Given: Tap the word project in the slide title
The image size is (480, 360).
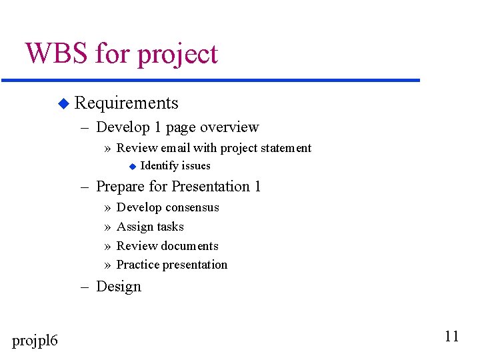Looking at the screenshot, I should coord(177,55).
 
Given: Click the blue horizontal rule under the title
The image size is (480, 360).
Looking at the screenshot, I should coord(211,81).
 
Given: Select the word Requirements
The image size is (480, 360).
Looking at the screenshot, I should coord(127,103).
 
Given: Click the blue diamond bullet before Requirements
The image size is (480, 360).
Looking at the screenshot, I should coord(63,103).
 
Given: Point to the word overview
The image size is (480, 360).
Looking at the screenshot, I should coord(229,127).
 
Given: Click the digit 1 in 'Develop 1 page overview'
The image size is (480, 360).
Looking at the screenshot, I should coord(157,127).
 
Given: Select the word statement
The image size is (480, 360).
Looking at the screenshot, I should coord(285,148).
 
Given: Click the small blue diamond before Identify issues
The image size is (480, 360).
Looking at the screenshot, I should coord(132,166).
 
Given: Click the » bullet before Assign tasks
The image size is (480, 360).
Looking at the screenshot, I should coord(108,227).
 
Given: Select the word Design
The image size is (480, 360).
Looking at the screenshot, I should coord(119,287).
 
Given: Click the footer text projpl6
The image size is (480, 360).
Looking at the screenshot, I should coord(35,341).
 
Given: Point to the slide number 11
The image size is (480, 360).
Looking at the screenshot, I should coord(451,336).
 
